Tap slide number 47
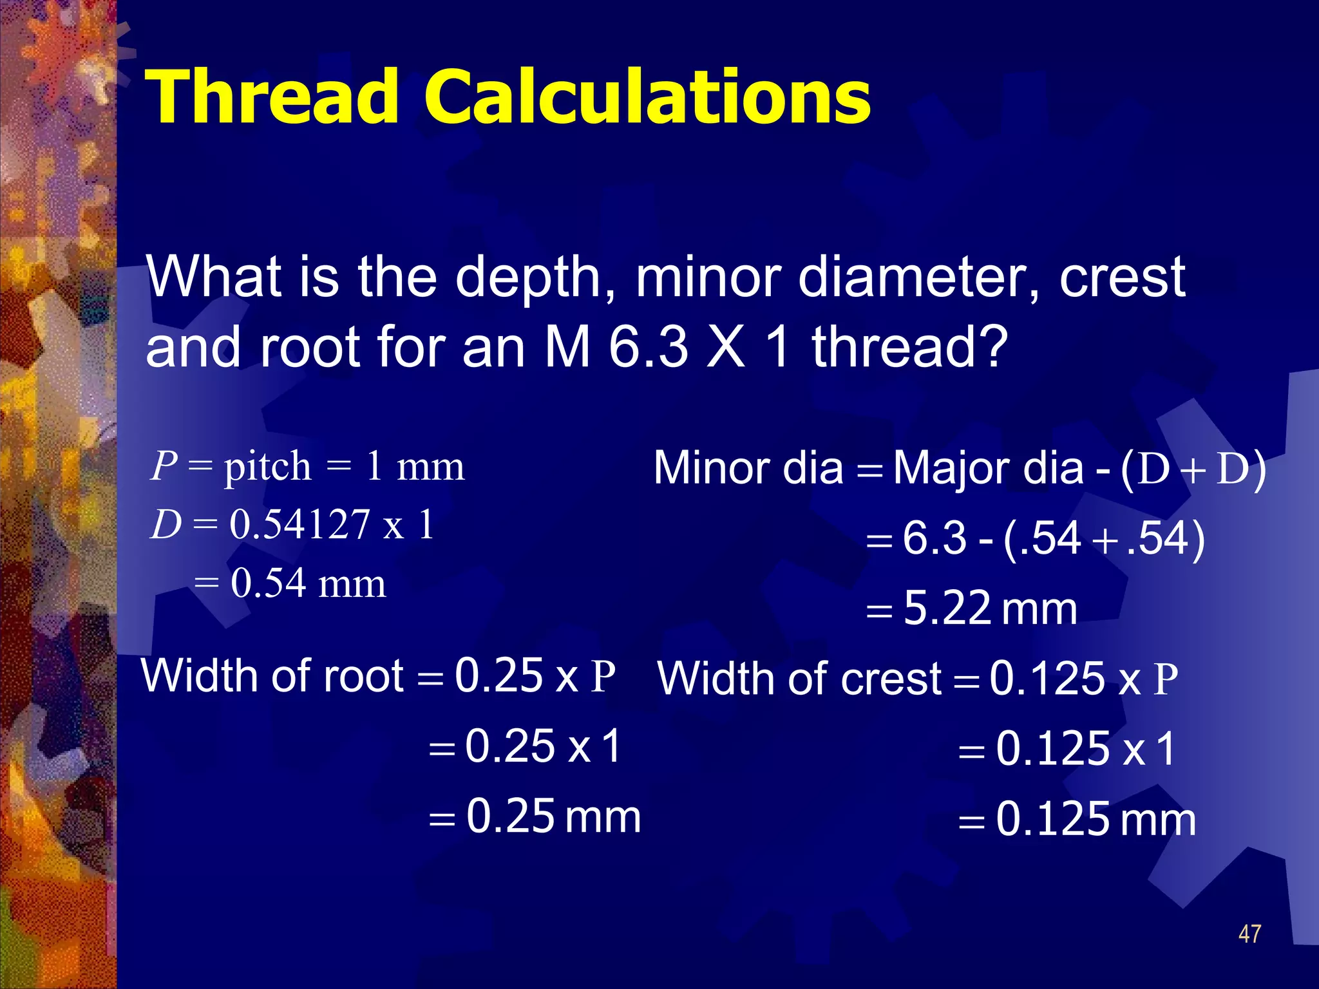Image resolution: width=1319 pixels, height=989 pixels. [1249, 934]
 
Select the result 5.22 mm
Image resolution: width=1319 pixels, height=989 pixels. [990, 608]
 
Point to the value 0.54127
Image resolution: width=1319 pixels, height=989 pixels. [299, 523]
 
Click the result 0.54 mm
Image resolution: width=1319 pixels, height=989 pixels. [308, 583]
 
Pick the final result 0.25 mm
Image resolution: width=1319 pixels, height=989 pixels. [553, 816]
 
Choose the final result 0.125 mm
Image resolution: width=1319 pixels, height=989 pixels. [1096, 820]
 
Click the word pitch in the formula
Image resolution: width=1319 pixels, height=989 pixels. [267, 467]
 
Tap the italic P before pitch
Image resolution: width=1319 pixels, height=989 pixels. [164, 466]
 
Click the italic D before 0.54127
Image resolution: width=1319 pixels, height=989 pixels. [166, 524]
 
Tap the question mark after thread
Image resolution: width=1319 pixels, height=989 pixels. [993, 348]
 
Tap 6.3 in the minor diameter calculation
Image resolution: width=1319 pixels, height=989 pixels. [934, 538]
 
